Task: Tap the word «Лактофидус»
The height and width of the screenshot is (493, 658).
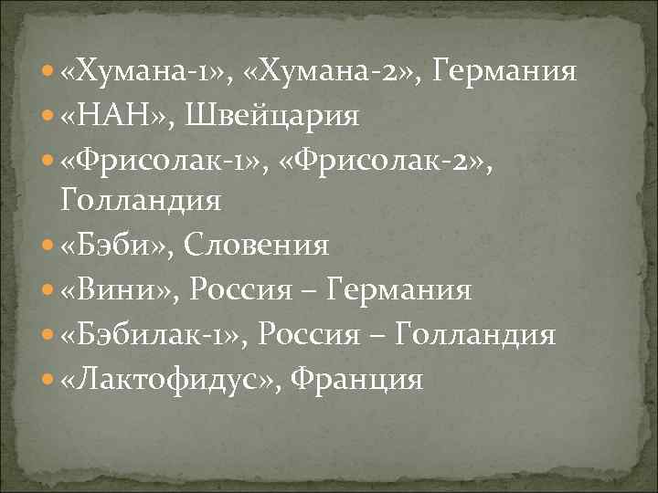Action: (x=169, y=378)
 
